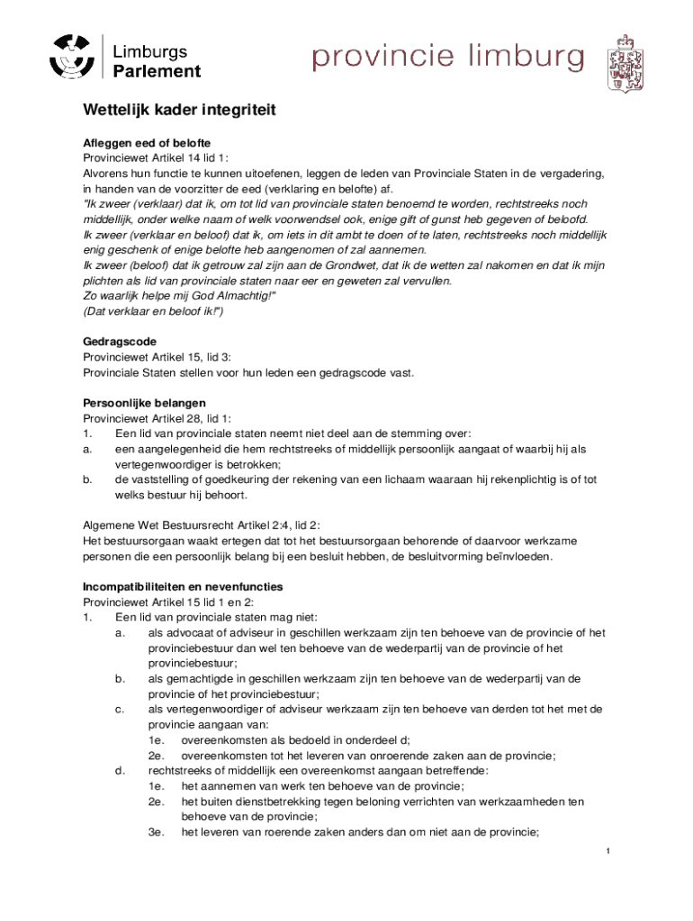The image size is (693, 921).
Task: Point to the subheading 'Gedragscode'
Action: pos(120,342)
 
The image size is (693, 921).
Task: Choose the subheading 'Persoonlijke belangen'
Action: pos(145,403)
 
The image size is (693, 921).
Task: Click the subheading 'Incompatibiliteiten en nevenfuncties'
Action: pos(183,586)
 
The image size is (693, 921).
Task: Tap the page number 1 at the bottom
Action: pos(608,852)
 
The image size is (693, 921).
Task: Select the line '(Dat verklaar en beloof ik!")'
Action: pos(153,311)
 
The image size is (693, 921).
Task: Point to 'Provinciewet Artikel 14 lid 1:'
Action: pos(156,158)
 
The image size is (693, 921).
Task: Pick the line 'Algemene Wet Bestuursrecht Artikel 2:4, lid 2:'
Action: pos(202,525)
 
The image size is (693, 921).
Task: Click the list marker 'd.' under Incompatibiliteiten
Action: pos(119,770)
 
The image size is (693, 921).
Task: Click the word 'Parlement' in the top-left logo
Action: pos(157,71)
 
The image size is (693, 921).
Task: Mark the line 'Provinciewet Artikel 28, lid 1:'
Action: pos(157,418)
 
